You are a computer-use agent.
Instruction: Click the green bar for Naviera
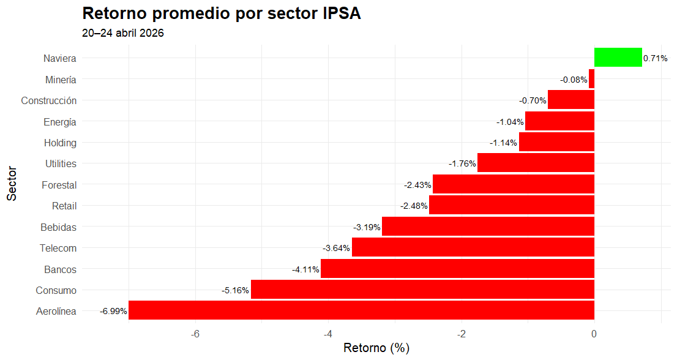[618, 58]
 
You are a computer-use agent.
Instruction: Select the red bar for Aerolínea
[361, 310]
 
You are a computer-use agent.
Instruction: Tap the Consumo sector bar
[422, 290]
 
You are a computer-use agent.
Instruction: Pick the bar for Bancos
[457, 269]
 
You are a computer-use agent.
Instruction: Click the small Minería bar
[591, 79]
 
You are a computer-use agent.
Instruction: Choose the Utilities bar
[536, 163]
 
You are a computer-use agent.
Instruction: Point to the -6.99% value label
[113, 311]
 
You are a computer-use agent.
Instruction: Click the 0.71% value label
[655, 59]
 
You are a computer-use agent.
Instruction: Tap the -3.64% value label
[336, 248]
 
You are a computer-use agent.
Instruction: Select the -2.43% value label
[417, 185]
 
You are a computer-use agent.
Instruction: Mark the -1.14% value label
[504, 143]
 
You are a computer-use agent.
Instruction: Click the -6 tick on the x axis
[195, 334]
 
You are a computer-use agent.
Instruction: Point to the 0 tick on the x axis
[594, 334]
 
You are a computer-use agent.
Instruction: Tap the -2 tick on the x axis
[462, 334]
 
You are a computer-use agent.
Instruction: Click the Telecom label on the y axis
[58, 248]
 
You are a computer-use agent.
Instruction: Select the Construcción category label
[49, 100]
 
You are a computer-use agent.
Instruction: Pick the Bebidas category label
[59, 227]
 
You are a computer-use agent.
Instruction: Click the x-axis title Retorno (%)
[376, 348]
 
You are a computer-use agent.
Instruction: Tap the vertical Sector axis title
[12, 184]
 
